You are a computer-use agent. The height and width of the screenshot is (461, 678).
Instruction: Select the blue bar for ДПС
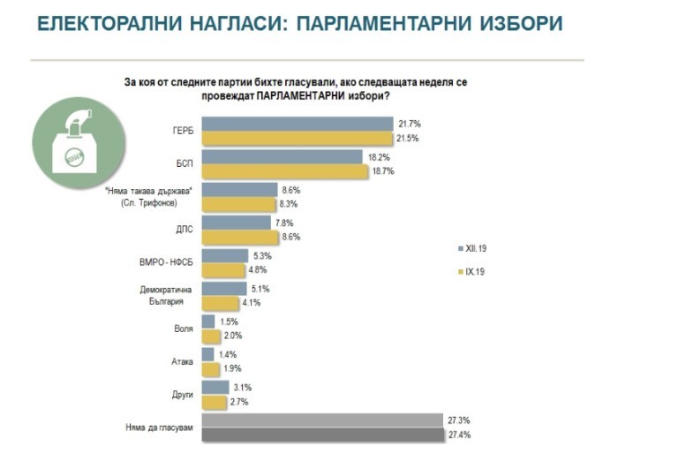(x=236, y=223)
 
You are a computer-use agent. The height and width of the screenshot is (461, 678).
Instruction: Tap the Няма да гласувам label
(x=157, y=428)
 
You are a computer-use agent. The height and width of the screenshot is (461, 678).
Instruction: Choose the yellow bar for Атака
(x=211, y=368)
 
